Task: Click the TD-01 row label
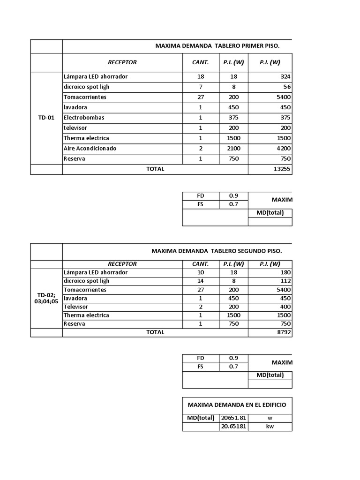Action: pyautogui.click(x=46, y=118)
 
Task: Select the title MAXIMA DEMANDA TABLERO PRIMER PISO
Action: pyautogui.click(x=217, y=46)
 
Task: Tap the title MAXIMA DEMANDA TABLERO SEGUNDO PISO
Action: pyautogui.click(x=216, y=251)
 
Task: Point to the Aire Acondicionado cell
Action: pyautogui.click(x=90, y=148)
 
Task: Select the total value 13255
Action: pyautogui.click(x=282, y=169)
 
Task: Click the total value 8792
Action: pyautogui.click(x=283, y=332)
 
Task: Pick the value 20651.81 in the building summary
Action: pyautogui.click(x=233, y=418)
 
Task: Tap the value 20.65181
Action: pyautogui.click(x=233, y=427)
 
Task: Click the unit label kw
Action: pyautogui.click(x=270, y=427)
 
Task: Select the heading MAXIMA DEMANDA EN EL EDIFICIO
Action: pyautogui.click(x=237, y=405)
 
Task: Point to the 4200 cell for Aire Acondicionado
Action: pyautogui.click(x=283, y=148)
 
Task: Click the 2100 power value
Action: pyautogui.click(x=234, y=148)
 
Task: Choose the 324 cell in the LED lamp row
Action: pyautogui.click(x=285, y=76)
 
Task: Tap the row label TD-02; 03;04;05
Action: pyautogui.click(x=46, y=298)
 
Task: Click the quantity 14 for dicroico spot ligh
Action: pyautogui.click(x=201, y=281)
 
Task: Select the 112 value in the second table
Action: pyautogui.click(x=285, y=281)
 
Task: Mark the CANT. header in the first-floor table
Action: pyautogui.click(x=201, y=62)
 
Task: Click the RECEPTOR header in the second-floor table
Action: pyautogui.click(x=122, y=264)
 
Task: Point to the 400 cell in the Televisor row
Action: pyautogui.click(x=285, y=307)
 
